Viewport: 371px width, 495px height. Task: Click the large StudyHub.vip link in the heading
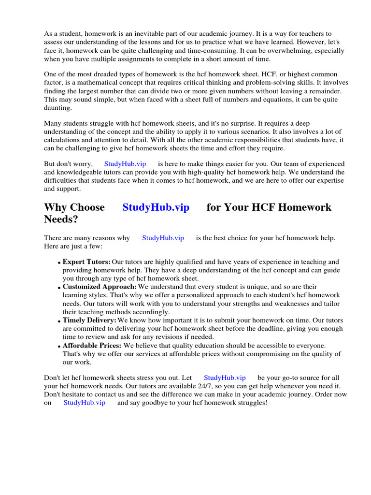(x=156, y=207)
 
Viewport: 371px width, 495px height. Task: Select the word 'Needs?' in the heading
(x=60, y=219)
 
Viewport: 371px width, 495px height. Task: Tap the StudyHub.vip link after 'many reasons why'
(x=163, y=238)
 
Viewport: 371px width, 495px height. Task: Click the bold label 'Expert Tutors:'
(x=86, y=262)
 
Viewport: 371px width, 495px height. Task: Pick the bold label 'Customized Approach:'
(x=96, y=287)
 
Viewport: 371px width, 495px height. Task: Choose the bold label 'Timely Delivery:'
(x=89, y=320)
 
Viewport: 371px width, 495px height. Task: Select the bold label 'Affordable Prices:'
(x=92, y=345)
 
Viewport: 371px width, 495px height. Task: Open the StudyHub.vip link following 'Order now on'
(x=84, y=403)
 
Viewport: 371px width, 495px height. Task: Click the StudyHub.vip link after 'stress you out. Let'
(x=225, y=378)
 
